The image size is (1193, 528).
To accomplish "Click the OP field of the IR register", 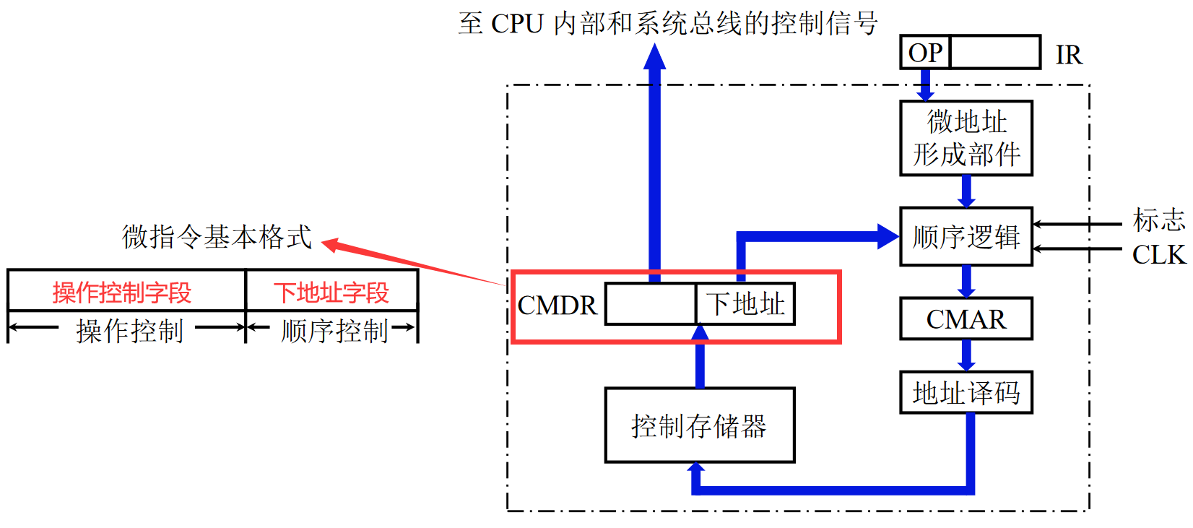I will pos(925,53).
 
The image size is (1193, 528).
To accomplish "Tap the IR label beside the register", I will pos(1068,55).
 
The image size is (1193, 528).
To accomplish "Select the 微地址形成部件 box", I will pos(966,138).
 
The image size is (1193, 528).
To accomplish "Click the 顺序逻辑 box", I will pos(966,237).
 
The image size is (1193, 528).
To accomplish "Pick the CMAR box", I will pos(966,319).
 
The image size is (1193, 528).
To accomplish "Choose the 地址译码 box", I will pos(966,392).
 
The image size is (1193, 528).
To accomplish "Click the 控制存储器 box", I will pos(699,425).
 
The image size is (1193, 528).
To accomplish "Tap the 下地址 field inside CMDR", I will pos(745,304).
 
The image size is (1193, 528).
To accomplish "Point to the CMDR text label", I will pos(558,306).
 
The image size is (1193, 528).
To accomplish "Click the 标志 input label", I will pos(1159,220).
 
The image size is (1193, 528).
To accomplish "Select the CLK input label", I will pos(1159,255).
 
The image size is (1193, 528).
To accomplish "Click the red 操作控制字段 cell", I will pos(123,293).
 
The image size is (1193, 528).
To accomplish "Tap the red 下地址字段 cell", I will pos(331,293).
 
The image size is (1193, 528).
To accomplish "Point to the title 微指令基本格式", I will pos(217,237).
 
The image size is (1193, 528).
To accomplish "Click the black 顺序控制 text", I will pos(334,331).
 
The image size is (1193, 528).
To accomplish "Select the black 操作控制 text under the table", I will pos(130,331).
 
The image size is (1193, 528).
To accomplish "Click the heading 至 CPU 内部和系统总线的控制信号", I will pos(668,23).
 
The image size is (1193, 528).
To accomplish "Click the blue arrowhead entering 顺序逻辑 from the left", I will pos(888,236).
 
